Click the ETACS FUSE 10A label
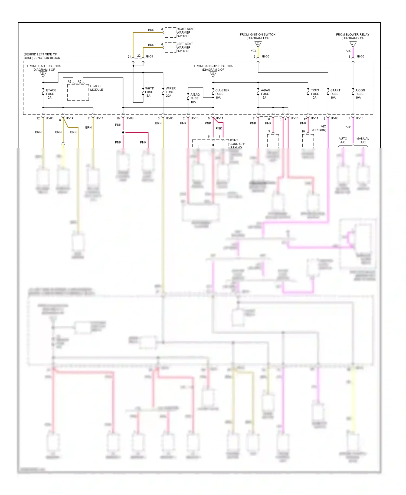[51, 94]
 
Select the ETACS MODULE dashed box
[78, 92]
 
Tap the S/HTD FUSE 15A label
[149, 92]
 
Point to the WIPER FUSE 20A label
[171, 92]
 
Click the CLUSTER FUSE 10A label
[222, 94]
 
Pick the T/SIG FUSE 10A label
[315, 94]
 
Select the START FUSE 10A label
[335, 94]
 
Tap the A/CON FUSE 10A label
[360, 94]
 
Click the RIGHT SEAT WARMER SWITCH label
[185, 32]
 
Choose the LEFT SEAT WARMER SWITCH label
[185, 47]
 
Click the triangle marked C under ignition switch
[258, 44]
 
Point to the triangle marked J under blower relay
[353, 44]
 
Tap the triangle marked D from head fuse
[43, 74]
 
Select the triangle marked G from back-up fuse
[213, 74]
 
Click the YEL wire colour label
[253, 51]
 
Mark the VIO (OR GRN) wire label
[319, 128]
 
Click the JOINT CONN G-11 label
[237, 142]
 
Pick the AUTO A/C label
[343, 140]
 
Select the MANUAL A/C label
[362, 140]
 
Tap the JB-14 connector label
[69, 118]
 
